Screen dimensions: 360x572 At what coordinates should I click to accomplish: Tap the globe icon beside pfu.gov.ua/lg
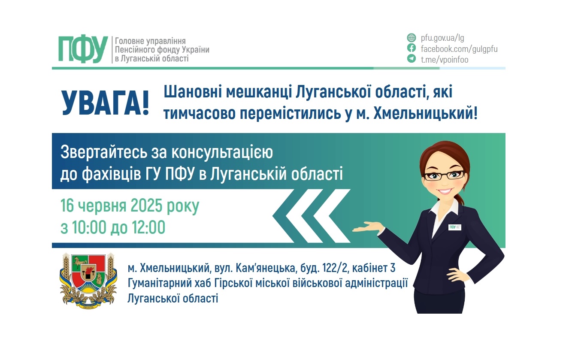coord(412,38)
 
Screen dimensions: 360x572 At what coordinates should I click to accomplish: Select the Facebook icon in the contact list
coord(412,48)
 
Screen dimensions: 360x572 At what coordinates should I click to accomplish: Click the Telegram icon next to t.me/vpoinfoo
coord(412,59)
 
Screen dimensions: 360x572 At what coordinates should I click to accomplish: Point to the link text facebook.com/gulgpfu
coord(459,48)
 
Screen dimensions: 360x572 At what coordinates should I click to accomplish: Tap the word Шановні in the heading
coord(193,92)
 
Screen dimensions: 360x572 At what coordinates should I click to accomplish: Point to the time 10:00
coord(88,228)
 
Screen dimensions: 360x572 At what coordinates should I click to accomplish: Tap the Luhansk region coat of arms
coord(88,280)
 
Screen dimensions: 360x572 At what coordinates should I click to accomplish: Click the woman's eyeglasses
coord(444,175)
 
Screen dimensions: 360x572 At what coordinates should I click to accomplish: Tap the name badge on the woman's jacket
coord(455,227)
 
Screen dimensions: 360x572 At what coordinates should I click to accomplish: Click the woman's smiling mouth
coord(446,191)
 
